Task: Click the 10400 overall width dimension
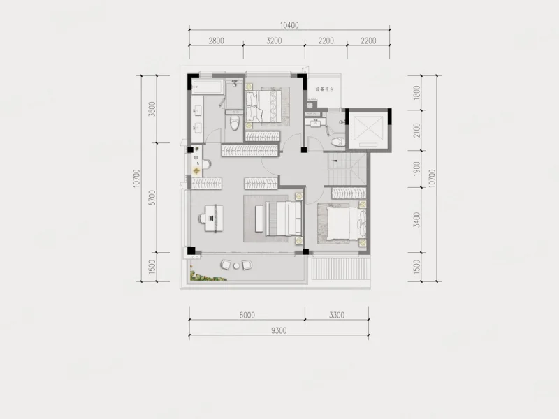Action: coord(289,25)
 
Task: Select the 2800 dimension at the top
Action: coord(216,41)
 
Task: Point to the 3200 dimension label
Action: coord(274,41)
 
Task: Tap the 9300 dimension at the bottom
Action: coord(279,330)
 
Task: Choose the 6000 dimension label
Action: coord(247,315)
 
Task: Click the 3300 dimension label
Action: coord(337,315)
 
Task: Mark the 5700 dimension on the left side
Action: coord(152,198)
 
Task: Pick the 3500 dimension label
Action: coord(152,109)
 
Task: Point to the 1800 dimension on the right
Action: coord(416,93)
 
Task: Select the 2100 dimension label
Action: coord(416,131)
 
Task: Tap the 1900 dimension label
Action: coord(416,169)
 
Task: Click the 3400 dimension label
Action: coord(416,219)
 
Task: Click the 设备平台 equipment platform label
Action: coord(324,89)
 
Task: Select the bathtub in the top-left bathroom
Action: coord(208,87)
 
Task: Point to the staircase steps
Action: coord(347,169)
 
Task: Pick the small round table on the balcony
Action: coord(236,265)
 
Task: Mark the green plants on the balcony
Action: coord(207,276)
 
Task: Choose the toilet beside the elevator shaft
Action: coord(337,142)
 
